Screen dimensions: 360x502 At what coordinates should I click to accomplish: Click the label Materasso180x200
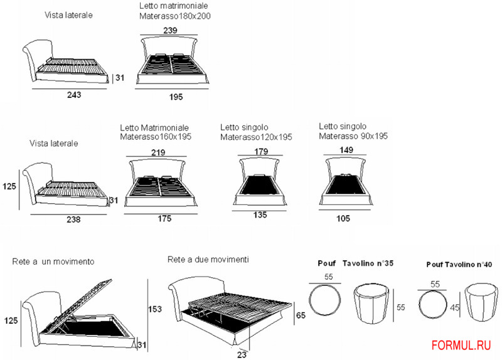[174, 16]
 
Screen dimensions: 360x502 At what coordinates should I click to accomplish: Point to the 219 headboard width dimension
[159, 152]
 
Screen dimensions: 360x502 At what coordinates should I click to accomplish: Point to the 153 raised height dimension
[156, 309]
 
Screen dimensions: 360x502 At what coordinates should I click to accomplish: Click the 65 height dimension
[301, 315]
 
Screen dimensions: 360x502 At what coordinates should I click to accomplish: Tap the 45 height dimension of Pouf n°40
[455, 308]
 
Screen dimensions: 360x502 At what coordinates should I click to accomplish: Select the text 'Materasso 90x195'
[353, 136]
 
